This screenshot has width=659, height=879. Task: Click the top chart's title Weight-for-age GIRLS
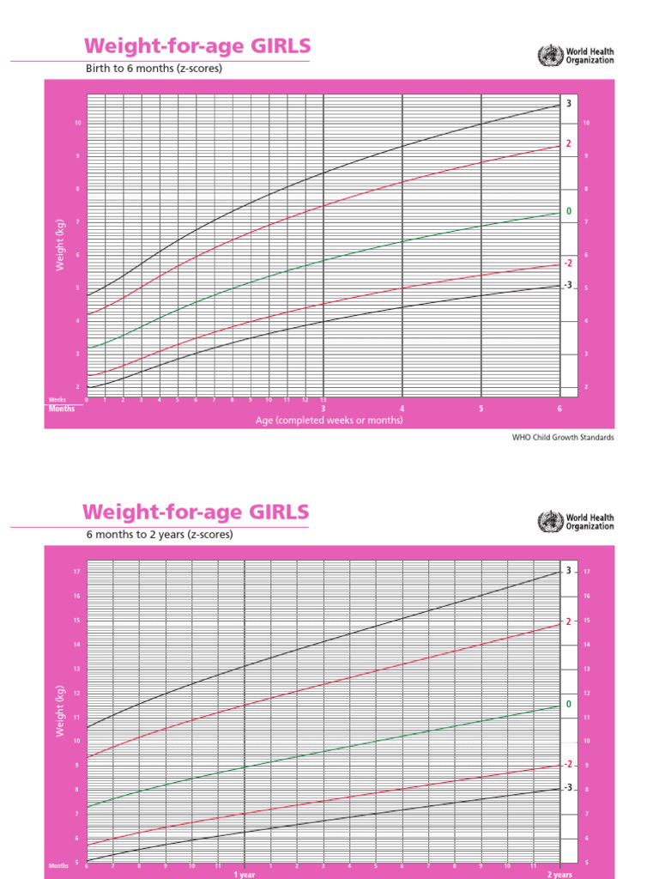coord(196,46)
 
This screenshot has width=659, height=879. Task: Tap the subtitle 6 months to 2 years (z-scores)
coord(159,534)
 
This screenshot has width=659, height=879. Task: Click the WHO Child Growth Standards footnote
coord(563,437)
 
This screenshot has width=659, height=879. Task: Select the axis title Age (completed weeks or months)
coord(329,421)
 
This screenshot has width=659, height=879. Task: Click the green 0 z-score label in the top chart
coord(568,211)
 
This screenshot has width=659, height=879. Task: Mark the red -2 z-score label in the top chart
coord(567,264)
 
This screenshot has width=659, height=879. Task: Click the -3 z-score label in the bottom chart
coord(567,787)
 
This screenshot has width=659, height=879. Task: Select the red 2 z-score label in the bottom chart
coord(568,621)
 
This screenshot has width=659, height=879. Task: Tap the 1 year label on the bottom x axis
coord(245,874)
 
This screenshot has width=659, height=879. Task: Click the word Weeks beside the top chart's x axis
coord(57,400)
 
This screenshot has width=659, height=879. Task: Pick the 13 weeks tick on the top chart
coord(323,400)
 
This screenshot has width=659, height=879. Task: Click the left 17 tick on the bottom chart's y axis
coord(76,572)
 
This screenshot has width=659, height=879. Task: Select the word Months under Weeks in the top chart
coord(61,409)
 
